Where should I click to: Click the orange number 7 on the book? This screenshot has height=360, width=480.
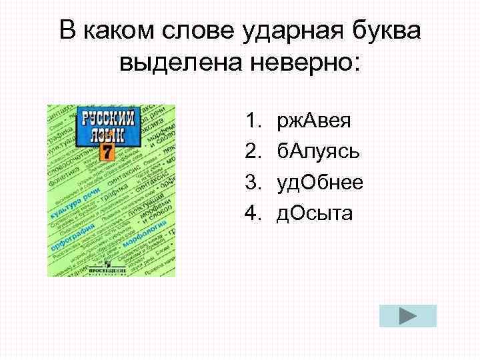[107, 151]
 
